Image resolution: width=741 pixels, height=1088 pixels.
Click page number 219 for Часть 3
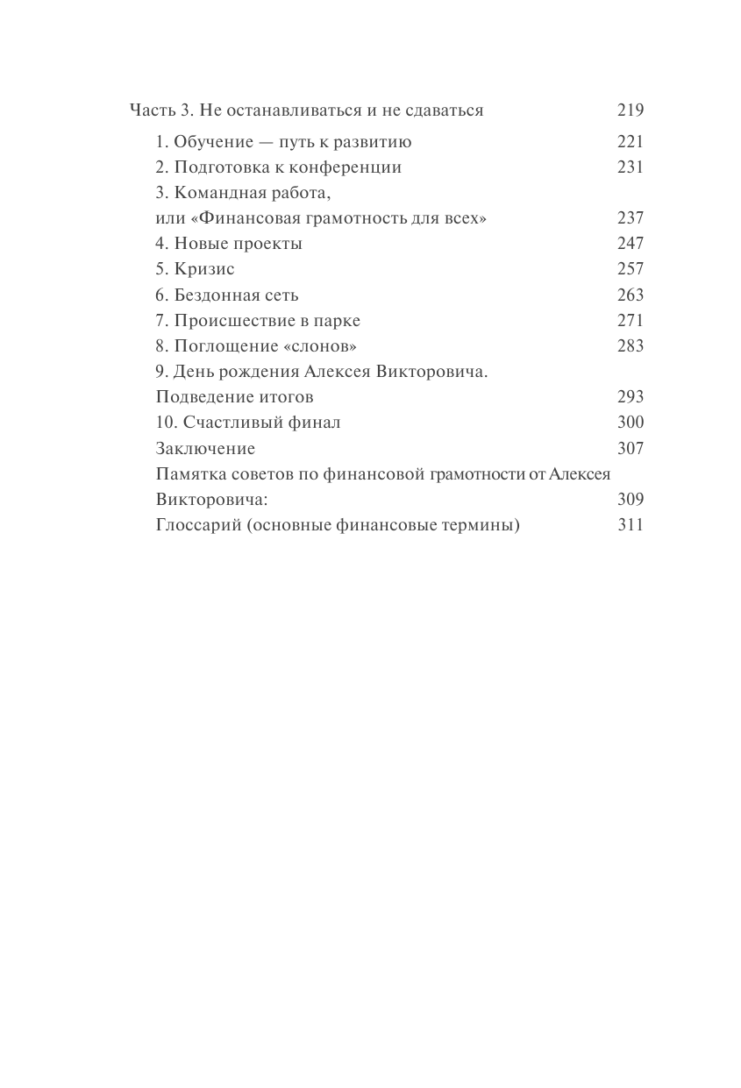[630, 110]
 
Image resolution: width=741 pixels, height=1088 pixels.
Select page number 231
[630, 167]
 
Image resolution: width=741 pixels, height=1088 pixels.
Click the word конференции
[350, 167]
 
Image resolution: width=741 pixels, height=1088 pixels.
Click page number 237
[630, 218]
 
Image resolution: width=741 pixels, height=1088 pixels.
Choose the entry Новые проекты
[240, 244]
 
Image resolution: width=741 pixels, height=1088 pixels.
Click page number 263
[630, 295]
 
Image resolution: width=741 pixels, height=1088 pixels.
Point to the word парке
[337, 320]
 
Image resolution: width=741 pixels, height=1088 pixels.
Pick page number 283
[630, 345]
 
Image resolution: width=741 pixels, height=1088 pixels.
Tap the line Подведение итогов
[234, 397]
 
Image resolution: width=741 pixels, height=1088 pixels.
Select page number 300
[630, 423]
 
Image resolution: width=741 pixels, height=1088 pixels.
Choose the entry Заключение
[205, 449]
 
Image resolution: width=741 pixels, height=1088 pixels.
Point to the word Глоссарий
[196, 525]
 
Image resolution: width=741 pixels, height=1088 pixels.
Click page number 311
[630, 525]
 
